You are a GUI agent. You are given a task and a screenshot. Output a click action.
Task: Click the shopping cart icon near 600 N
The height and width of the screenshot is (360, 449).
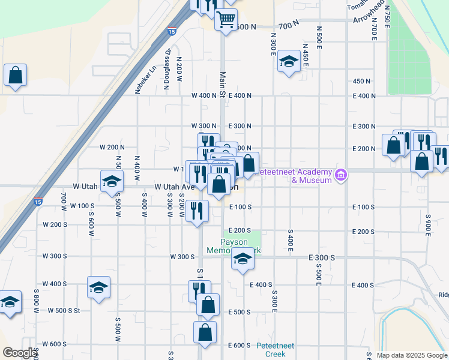(226, 19)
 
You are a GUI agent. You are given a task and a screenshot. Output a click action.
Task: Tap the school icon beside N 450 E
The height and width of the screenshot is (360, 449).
(289, 61)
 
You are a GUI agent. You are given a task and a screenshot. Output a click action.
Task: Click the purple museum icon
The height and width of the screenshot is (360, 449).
(341, 175)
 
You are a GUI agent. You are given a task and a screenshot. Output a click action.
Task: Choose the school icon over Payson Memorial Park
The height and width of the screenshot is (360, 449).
(242, 259)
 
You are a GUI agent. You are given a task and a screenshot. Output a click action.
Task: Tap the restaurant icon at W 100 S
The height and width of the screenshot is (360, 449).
(197, 211)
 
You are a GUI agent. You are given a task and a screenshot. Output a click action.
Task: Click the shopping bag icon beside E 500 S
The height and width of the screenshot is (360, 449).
(208, 305)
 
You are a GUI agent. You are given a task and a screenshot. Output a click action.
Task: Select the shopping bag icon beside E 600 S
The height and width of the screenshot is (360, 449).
(205, 332)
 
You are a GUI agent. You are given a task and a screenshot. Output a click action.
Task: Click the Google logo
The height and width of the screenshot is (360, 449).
(19, 353)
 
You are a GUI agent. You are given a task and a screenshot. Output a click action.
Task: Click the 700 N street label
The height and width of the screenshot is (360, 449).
(288, 25)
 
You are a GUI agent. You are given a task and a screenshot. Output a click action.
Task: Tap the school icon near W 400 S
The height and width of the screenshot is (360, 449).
(98, 287)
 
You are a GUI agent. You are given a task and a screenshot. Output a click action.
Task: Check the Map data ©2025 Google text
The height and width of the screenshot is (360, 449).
(412, 355)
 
